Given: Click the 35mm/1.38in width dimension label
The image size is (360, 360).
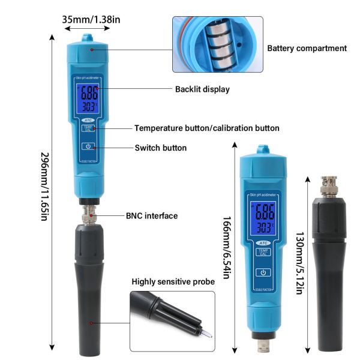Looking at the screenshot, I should point(91,19).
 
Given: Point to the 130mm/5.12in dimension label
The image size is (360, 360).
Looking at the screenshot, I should point(299,262).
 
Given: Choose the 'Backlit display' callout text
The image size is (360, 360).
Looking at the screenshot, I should point(202,89).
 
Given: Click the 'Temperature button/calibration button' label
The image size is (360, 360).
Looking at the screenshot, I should point(206,128).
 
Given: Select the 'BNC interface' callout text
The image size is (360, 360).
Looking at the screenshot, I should point(151,215).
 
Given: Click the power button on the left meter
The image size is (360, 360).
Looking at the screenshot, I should point(88,146).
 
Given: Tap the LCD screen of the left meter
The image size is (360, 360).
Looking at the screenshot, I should point(89,100).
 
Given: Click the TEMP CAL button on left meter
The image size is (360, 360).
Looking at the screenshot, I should point(88,129).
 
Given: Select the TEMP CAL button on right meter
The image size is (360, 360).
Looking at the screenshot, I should point(262,252).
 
